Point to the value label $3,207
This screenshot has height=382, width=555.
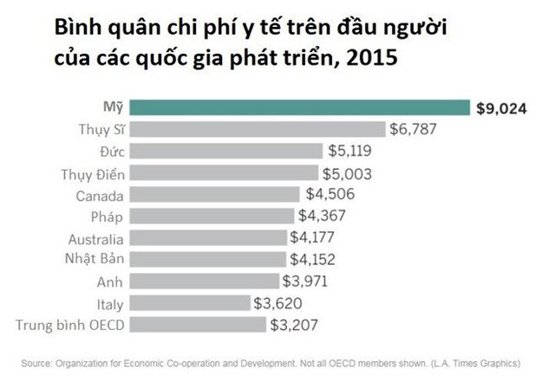tap(294, 326)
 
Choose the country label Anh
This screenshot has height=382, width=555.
tap(113, 282)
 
